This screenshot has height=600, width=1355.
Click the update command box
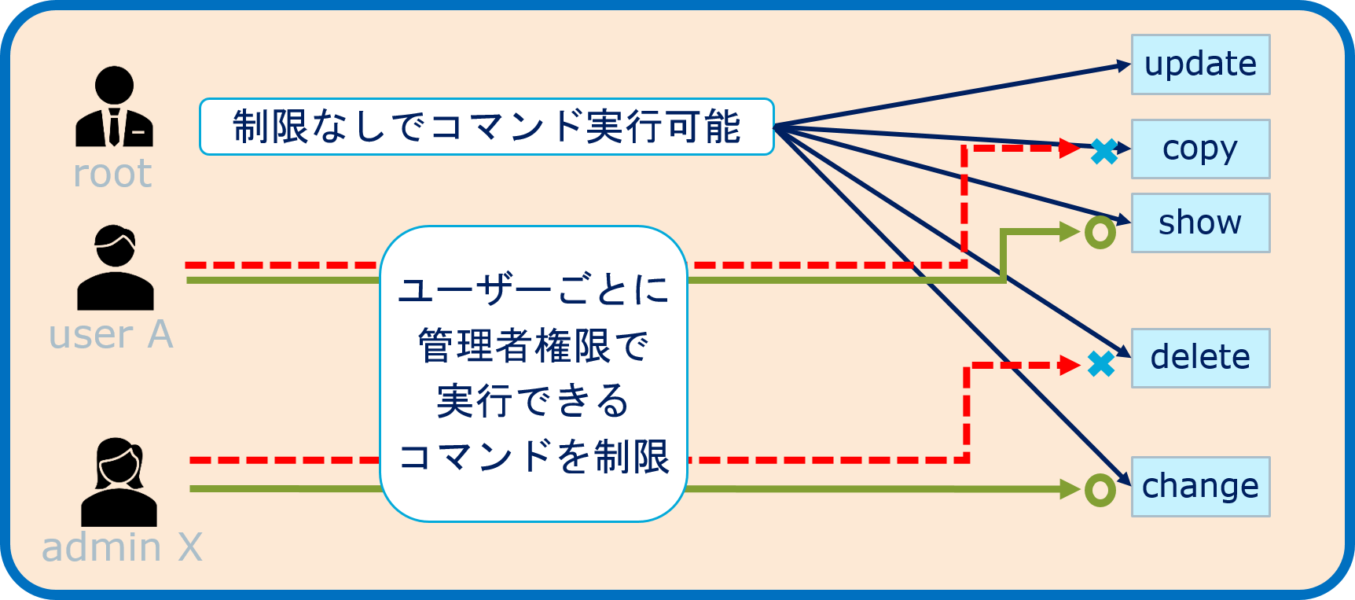[1200, 64]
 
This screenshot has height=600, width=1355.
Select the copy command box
[1200, 149]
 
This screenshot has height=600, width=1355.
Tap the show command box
[1200, 223]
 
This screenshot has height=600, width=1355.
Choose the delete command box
[1200, 358]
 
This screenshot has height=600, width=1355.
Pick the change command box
[1200, 487]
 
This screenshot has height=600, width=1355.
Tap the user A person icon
[116, 268]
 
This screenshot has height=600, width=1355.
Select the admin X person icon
[119, 482]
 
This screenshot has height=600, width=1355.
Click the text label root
[112, 174]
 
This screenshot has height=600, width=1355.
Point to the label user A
[111, 335]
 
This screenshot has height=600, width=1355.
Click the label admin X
[122, 547]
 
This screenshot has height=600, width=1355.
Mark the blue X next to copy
[1104, 151]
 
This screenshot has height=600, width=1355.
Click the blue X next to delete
[1101, 363]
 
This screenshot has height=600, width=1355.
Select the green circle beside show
[1100, 233]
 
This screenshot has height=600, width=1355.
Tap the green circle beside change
[1100, 490]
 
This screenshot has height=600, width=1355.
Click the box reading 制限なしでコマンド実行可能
[487, 127]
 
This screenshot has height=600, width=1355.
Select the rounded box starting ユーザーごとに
[534, 374]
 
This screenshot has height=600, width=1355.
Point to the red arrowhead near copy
[1070, 147]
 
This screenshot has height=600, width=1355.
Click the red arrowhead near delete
[1070, 365]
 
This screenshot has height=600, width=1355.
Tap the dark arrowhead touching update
[1124, 67]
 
